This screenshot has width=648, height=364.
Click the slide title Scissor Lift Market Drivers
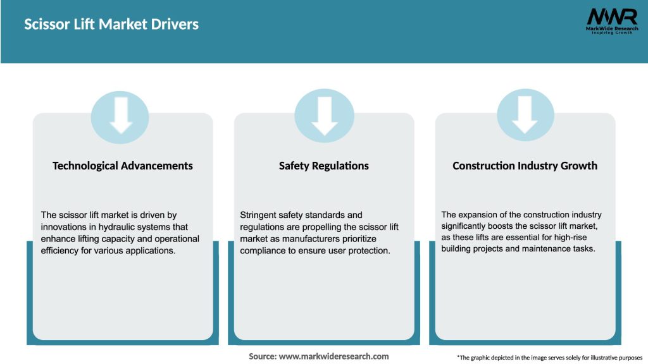tap(111, 25)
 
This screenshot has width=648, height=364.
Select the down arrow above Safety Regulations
tap(324, 116)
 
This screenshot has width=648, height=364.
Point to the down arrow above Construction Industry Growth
tap(525, 116)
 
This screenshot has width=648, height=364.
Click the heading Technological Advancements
tap(123, 166)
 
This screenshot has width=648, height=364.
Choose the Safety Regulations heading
tap(324, 166)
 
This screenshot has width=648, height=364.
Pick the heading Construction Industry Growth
tap(525, 166)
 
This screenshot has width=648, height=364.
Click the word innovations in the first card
tap(63, 227)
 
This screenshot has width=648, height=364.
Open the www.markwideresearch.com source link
tap(333, 356)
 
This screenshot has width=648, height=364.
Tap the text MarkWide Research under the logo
tap(611, 28)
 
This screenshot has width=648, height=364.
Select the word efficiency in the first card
tap(59, 251)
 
